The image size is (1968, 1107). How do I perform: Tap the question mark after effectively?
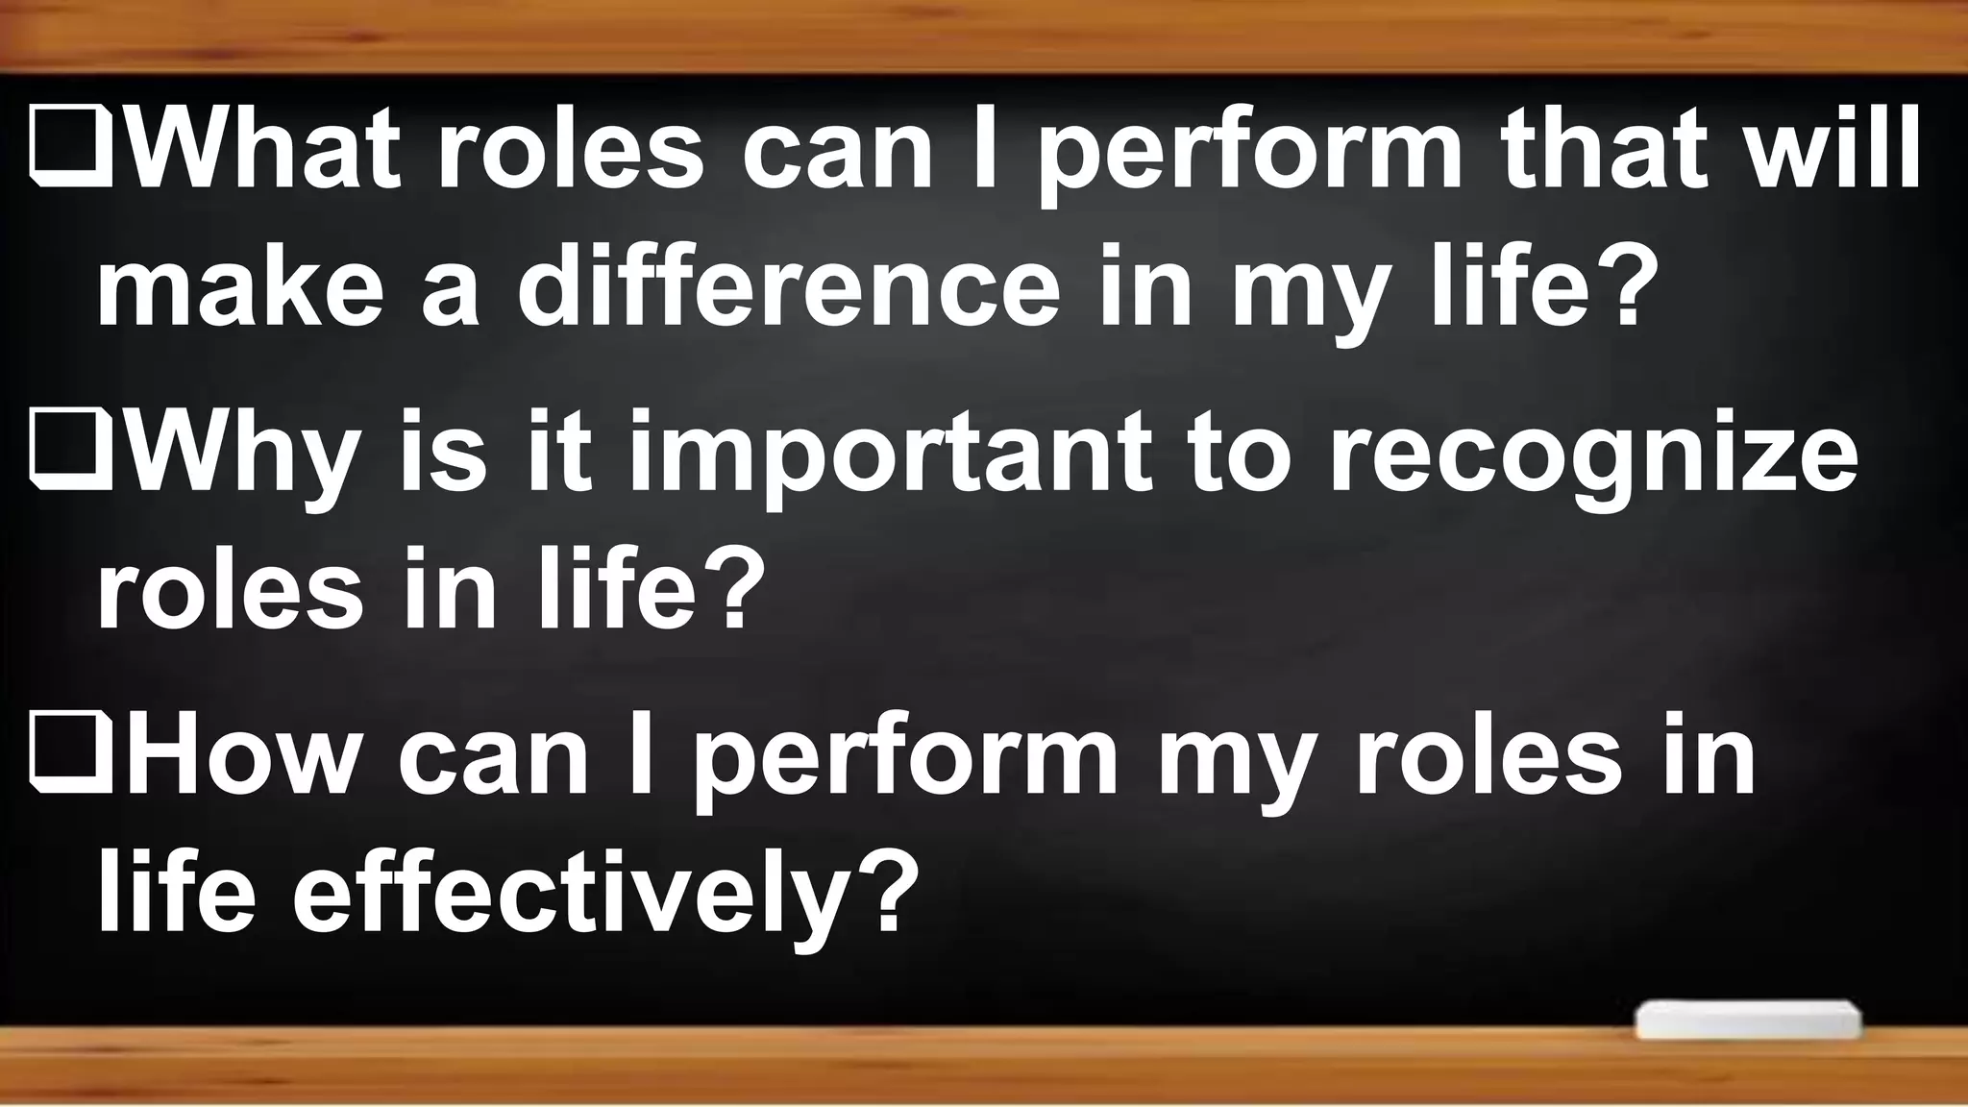coord(878,894)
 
